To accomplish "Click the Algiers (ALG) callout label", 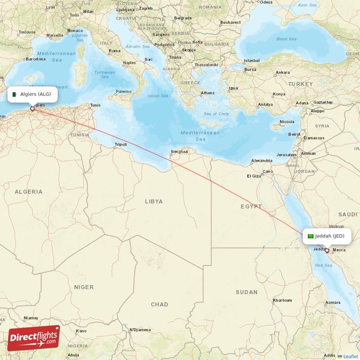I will pos(32,94).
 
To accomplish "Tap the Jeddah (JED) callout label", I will pos(326,236).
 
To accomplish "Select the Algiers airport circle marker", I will pos(32,108).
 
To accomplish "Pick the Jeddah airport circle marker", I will pos(327,251).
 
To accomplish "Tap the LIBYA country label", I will pos(154,202).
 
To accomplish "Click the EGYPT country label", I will pos(251,207).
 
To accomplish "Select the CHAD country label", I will pos(159,305).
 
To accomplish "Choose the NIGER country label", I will pos(84,287).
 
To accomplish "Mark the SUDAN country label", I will pos(247,292).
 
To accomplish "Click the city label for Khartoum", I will pos(282,300).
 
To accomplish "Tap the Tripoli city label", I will pos(121,144).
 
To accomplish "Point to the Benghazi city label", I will pos(179,152).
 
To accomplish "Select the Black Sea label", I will pos(286,39).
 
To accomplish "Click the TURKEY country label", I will pos(300,84).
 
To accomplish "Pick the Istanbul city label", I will pos(252,61).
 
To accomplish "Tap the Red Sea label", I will pos(323,266).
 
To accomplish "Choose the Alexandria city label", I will pos(261,161).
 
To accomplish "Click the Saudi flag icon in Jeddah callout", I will pos(310,236).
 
